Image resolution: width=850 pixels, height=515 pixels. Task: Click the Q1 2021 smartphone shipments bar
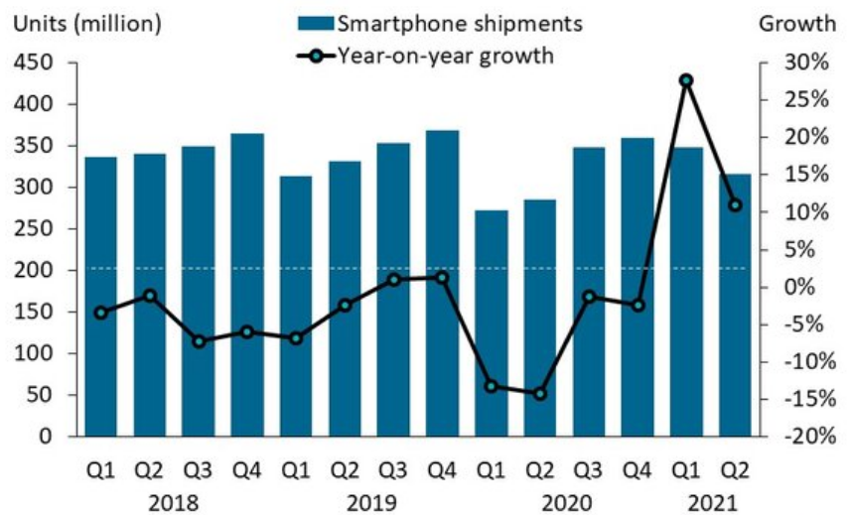tap(686, 292)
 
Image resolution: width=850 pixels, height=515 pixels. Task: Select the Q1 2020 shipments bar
tap(491, 323)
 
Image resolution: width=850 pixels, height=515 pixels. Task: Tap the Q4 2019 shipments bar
tap(442, 283)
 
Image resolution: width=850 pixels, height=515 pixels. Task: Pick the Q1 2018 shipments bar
tap(100, 297)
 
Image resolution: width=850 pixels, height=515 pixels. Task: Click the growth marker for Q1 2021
tap(686, 80)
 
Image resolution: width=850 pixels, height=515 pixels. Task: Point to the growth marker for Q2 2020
tap(539, 394)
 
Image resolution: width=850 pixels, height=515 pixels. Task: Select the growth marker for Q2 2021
tap(735, 205)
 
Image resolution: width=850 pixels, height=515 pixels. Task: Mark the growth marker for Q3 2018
tap(199, 341)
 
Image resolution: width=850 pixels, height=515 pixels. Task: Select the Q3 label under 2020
tap(588, 469)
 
